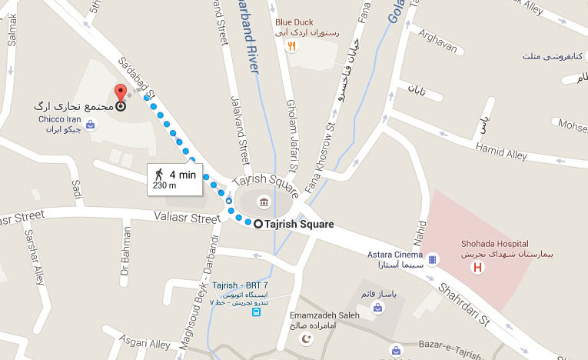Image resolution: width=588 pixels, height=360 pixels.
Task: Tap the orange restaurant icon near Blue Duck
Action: pyautogui.click(x=291, y=46)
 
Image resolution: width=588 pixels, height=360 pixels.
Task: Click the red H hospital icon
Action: pyautogui.click(x=478, y=268)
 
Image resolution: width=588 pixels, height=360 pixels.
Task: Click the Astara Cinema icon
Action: pyautogui.click(x=432, y=258)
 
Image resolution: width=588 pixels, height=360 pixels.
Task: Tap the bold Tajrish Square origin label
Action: pyautogui.click(x=299, y=225)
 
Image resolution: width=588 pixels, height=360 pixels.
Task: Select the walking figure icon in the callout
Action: pyautogui.click(x=159, y=175)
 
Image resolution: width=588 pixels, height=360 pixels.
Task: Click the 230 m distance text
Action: pyautogui.click(x=165, y=185)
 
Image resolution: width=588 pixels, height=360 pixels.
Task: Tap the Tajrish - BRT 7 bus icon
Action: pyautogui.click(x=256, y=312)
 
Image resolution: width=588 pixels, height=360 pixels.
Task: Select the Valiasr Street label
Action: pyautogui.click(x=187, y=218)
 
